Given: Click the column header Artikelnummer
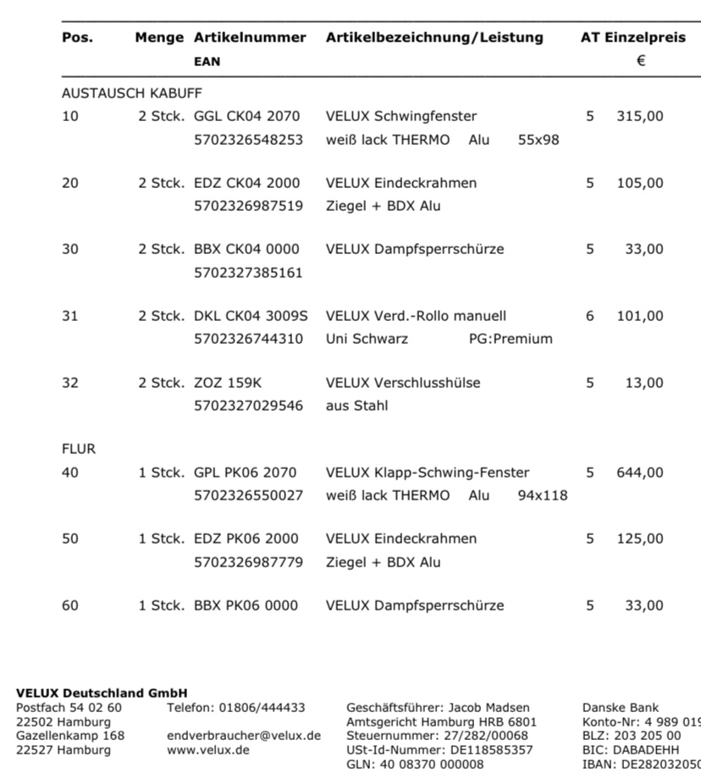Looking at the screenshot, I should (250, 37).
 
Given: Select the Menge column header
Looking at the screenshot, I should (159, 37).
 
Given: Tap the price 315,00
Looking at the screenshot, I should (640, 116).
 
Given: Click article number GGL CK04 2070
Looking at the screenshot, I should (246, 116).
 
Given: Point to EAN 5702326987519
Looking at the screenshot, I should (248, 206).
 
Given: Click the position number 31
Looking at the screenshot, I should (69, 316).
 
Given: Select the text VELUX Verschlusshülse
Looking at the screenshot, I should (403, 383).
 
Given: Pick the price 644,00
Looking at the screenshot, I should (640, 472).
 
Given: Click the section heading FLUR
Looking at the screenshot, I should (79, 449).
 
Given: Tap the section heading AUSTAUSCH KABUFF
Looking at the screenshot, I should (132, 93).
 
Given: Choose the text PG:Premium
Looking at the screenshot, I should (511, 339).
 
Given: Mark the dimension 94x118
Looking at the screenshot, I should (543, 495).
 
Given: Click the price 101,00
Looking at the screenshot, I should (640, 316).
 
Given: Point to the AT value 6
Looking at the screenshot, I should (590, 316).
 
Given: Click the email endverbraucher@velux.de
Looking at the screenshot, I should (244, 736).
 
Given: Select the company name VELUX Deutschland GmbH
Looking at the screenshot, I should (102, 693).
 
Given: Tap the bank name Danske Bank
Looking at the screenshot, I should (621, 708).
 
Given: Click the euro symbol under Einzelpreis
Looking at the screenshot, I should (641, 60).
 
